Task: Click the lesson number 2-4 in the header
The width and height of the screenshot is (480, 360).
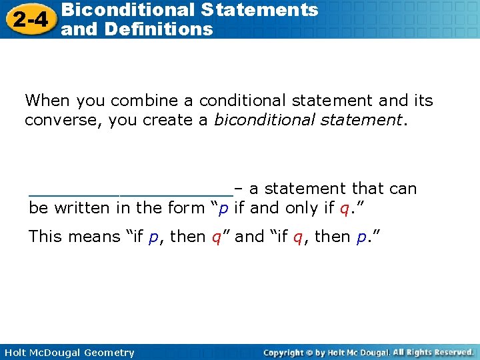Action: click(x=29, y=20)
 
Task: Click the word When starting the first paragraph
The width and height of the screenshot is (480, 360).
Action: click(x=47, y=101)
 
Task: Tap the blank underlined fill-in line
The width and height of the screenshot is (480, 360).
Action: click(x=130, y=193)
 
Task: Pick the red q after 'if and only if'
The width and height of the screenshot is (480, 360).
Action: click(x=344, y=209)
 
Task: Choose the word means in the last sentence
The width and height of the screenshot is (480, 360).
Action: click(x=95, y=237)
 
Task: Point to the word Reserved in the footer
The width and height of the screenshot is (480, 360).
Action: click(x=452, y=352)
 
